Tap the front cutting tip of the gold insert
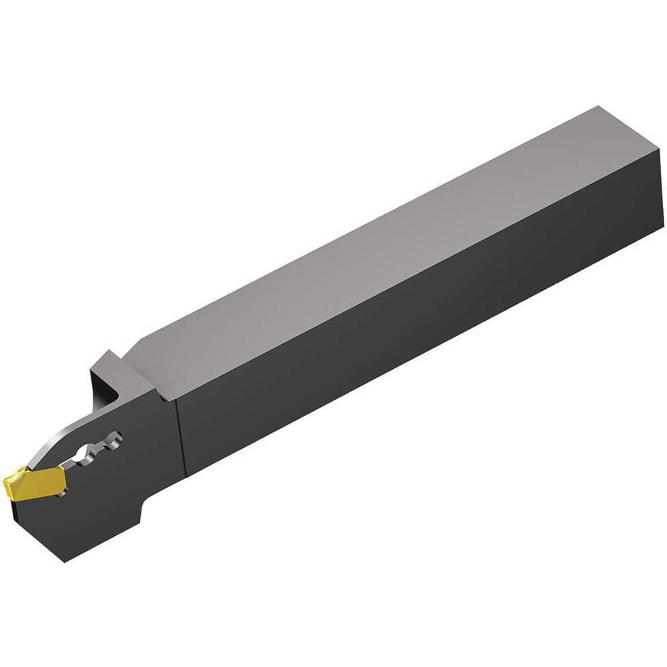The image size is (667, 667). coord(7,482)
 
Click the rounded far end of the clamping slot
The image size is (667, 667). coord(117,438)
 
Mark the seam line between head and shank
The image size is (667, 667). coord(178,434)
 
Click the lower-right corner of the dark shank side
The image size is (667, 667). coord(662,228)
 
